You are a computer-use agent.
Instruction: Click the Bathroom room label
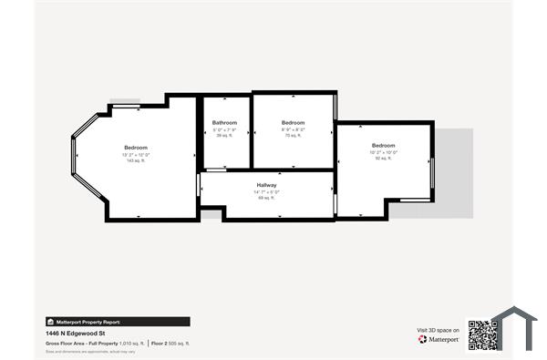tap(224, 122)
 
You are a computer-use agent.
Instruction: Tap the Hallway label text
tap(266, 184)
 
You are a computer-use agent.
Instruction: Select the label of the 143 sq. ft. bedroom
tap(136, 147)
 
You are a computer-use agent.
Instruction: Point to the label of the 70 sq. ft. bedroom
tap(293, 122)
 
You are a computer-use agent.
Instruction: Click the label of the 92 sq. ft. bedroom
tap(383, 146)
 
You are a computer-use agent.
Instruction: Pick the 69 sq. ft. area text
tap(266, 197)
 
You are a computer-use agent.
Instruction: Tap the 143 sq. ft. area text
tap(136, 159)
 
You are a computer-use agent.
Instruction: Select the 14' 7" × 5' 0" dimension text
tap(266, 190)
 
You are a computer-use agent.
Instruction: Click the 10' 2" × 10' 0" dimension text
tap(383, 152)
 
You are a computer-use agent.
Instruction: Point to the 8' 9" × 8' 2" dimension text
tap(293, 129)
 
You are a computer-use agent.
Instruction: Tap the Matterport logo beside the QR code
tap(439, 339)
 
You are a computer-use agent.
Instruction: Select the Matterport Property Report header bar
tap(118, 322)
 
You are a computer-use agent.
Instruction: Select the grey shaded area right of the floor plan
tap(453, 173)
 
